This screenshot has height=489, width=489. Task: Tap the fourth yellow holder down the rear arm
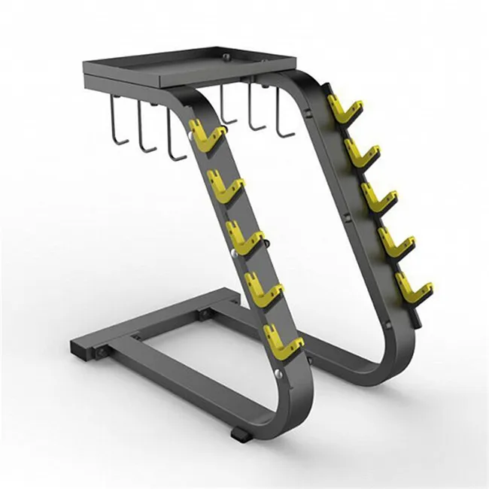tap(394, 241)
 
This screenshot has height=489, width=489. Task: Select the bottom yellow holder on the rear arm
tap(413, 286)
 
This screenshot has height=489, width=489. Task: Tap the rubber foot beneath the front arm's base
tap(238, 434)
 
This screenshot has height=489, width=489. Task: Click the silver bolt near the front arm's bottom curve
tap(280, 372)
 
